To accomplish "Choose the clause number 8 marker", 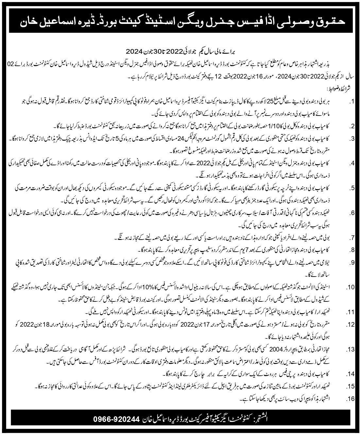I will [351, 250].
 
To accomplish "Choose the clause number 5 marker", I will [351, 188].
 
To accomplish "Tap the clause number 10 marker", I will [350, 287].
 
